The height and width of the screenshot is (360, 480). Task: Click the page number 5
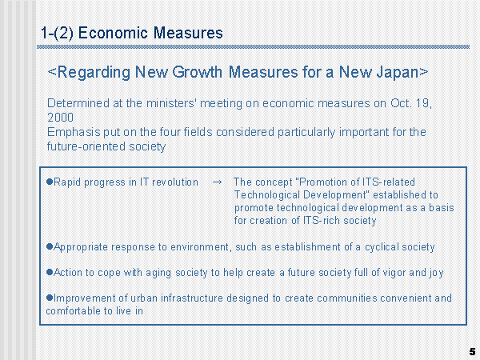coord(472,351)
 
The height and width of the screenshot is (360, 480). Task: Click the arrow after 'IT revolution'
coord(217,182)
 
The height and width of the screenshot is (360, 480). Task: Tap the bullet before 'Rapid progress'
coord(50,182)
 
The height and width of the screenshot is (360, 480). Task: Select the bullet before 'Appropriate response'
coord(50,246)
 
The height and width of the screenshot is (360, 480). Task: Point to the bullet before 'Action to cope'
coord(50,272)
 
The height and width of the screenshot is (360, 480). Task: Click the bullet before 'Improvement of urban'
coord(50,298)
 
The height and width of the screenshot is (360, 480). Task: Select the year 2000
coord(60,118)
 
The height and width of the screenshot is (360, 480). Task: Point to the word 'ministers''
coord(171,103)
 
